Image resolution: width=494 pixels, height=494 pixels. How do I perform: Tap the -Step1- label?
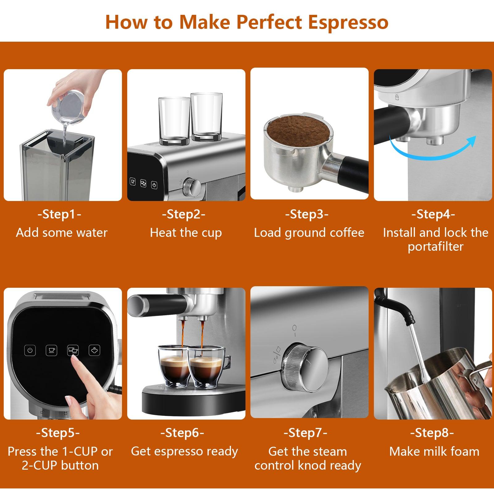[59, 214]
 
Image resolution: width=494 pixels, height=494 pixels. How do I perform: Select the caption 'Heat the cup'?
[186, 233]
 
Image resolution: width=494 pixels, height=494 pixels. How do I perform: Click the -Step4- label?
[433, 214]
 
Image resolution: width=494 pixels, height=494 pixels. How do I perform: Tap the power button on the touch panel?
[30, 350]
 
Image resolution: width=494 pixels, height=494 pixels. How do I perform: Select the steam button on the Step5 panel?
[94, 350]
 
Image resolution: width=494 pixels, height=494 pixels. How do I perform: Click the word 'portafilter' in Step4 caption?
[435, 247]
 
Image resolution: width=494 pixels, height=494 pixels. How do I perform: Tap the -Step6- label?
[182, 433]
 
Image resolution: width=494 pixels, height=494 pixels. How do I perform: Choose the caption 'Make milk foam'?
[434, 452]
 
